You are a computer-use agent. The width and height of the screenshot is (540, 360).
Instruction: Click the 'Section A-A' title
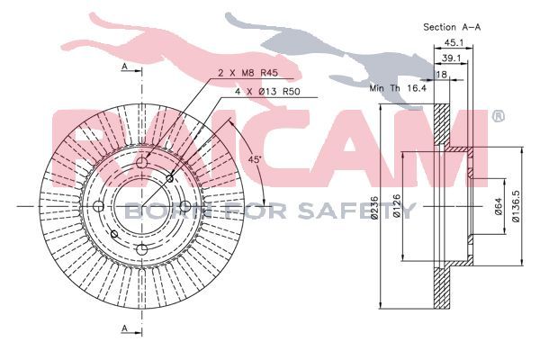point(452,27)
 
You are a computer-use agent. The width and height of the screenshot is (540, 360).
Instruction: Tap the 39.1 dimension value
point(451,58)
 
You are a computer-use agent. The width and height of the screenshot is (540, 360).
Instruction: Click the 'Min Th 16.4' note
point(398,88)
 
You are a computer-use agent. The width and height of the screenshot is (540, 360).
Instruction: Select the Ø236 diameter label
point(375,207)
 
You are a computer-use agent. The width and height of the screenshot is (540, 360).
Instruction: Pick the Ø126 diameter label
point(396,206)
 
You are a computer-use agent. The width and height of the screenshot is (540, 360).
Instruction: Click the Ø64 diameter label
point(498,207)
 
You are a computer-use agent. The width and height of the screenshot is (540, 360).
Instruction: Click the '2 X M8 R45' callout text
point(248,74)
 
